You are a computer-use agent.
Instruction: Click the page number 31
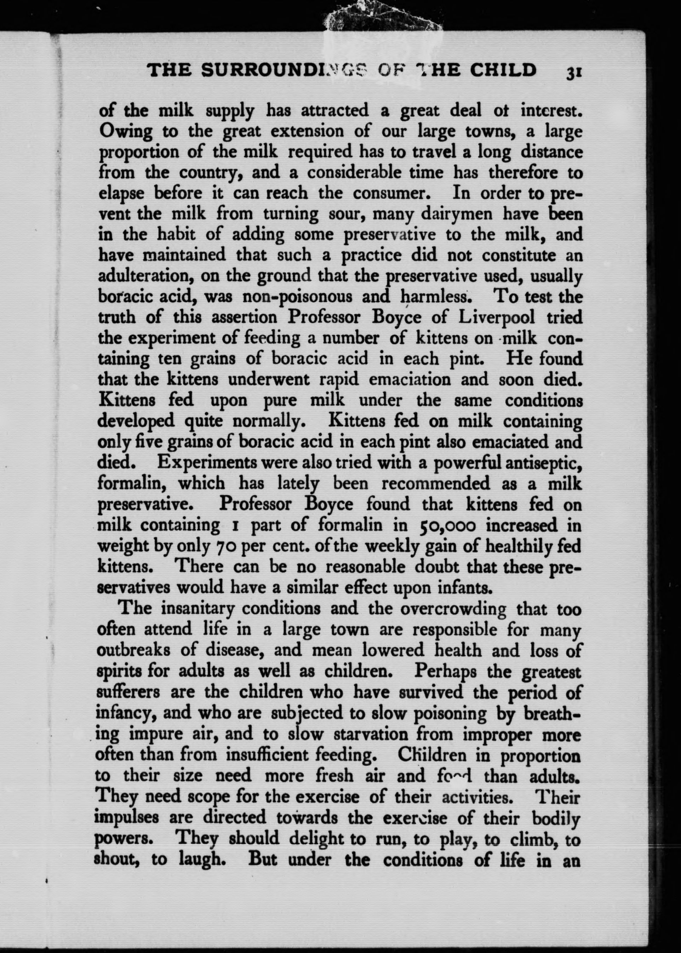coord(572,71)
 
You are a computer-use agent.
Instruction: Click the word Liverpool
coord(497,318)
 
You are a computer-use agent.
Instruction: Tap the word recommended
coord(436,484)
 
